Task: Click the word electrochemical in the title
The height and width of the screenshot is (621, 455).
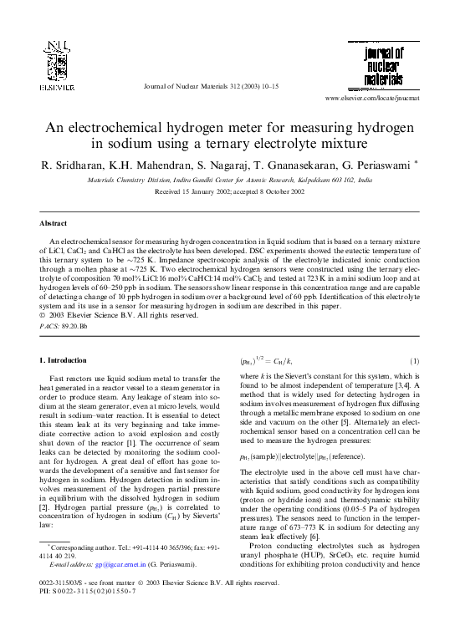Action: (x=127, y=128)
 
